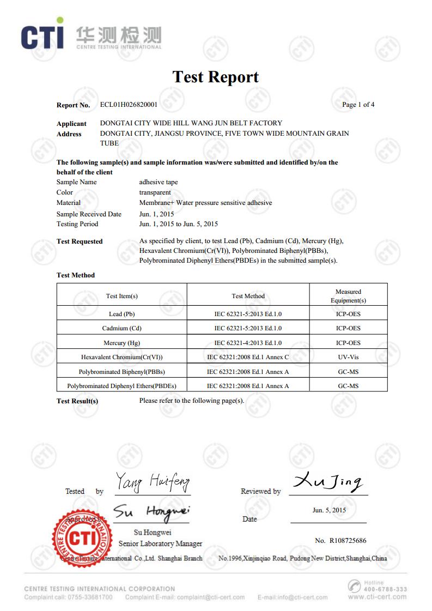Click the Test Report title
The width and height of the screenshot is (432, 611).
click(216, 77)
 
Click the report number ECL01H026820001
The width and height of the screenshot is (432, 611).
click(129, 105)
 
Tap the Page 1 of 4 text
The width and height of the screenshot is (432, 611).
click(358, 105)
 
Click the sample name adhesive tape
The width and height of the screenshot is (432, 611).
click(159, 182)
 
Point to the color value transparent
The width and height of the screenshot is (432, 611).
click(155, 192)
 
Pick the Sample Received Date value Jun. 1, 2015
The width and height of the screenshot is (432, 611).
click(156, 214)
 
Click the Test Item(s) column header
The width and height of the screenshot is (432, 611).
click(121, 296)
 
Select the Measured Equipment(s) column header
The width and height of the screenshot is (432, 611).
click(348, 296)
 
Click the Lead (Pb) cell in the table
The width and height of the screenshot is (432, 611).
click(121, 314)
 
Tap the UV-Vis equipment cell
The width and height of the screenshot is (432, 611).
click(348, 357)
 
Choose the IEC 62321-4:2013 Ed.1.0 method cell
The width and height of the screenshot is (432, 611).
click(248, 343)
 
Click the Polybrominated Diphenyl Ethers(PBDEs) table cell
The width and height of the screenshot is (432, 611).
click(121, 386)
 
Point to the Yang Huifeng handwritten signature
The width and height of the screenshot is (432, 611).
click(152, 482)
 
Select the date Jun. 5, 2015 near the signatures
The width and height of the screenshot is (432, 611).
click(329, 510)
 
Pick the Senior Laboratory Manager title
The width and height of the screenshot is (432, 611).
click(160, 543)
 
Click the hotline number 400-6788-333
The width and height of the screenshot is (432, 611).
click(385, 589)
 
